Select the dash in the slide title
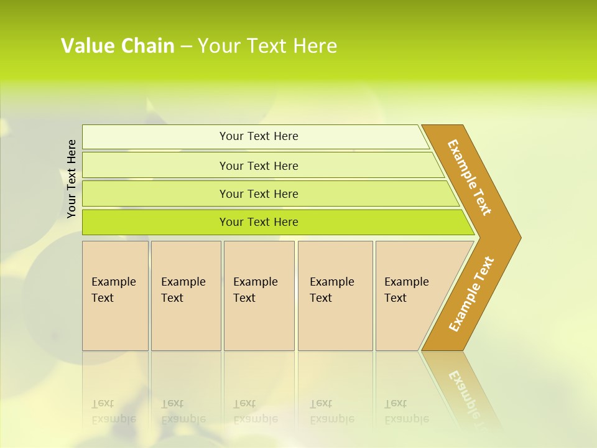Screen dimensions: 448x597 [x=186, y=47]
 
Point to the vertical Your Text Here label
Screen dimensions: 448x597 [x=72, y=179]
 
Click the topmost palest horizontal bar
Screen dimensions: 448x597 [x=258, y=136]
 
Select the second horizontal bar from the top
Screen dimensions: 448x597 [x=258, y=166]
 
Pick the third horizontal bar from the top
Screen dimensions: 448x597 [x=258, y=194]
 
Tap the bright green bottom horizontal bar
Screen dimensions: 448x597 [x=258, y=222]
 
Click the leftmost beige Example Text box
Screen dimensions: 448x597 [x=115, y=296]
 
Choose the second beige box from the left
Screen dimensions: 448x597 [x=185, y=296]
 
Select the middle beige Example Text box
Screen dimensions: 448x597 [x=259, y=296]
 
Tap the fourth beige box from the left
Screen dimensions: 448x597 [x=335, y=296]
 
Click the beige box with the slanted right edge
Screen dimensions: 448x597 [x=410, y=296]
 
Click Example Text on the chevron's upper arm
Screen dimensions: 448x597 [x=470, y=177]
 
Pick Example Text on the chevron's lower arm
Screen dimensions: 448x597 [x=471, y=294]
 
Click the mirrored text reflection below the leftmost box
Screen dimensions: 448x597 [x=114, y=411]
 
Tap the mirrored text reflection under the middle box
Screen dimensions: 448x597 [x=256, y=411]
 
